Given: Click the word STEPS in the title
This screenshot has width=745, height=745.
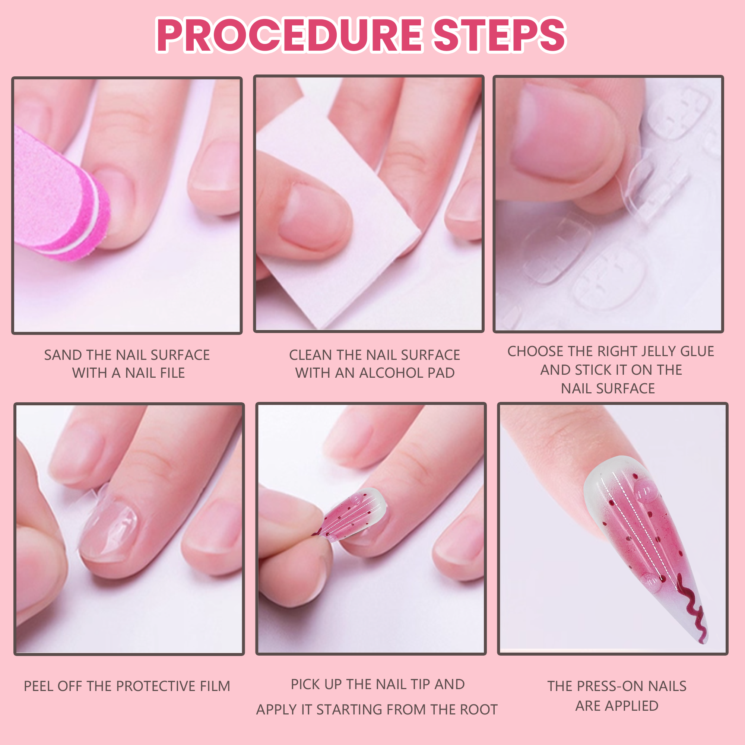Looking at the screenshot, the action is coord(500,35).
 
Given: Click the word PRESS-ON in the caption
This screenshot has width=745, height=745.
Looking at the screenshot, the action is coord(609,686).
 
